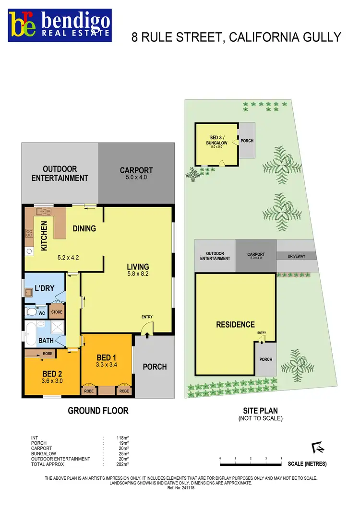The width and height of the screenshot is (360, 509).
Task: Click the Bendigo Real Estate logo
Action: pos(60,25)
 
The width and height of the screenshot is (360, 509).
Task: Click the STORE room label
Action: pos(57,312)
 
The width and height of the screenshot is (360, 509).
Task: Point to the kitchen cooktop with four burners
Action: pos(29,234)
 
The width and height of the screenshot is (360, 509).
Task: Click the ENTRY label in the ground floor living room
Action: pos(146,317)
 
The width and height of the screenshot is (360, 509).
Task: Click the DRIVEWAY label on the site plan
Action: pos(296,256)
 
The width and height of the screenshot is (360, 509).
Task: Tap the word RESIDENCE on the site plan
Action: pos(235,325)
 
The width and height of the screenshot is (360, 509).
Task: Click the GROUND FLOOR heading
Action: pos(98,411)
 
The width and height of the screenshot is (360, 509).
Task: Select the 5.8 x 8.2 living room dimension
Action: pos(138,275)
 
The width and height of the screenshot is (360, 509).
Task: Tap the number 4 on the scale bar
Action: pos(281,459)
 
